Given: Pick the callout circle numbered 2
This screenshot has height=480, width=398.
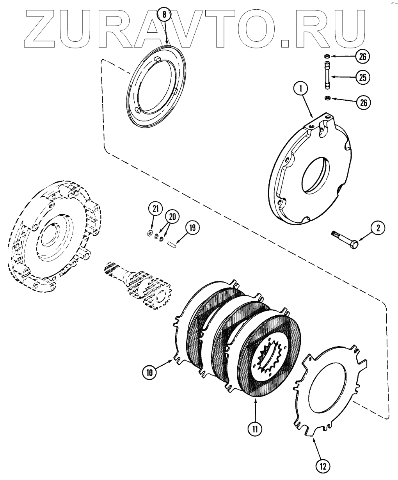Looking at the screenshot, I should coord(378,228).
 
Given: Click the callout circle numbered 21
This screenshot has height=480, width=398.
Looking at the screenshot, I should coord(156,210).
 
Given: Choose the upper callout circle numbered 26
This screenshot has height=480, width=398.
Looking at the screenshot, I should coord(362,57).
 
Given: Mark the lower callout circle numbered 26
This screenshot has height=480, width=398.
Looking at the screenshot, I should coord(362,103).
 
